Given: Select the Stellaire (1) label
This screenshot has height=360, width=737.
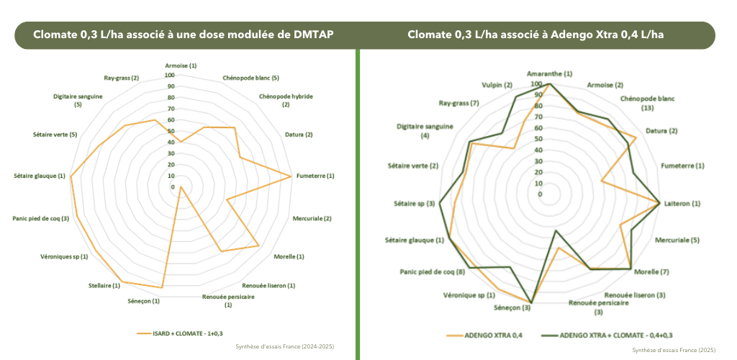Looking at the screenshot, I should pyautogui.click(x=104, y=286).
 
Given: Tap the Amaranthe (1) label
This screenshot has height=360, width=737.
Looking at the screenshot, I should pyautogui.click(x=549, y=73).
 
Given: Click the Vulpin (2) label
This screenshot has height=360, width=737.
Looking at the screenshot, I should pyautogui.click(x=497, y=85).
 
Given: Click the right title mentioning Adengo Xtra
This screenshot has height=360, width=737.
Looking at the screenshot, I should pyautogui.click(x=535, y=35).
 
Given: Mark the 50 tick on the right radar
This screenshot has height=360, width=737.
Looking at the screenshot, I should pyautogui.click(x=538, y=139).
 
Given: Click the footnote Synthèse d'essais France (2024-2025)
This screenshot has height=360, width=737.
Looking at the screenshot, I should pyautogui.click(x=285, y=347).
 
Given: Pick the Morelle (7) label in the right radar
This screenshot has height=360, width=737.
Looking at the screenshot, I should pyautogui.click(x=652, y=271).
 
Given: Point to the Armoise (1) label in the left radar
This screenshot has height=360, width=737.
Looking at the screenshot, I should pyautogui.click(x=176, y=66).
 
